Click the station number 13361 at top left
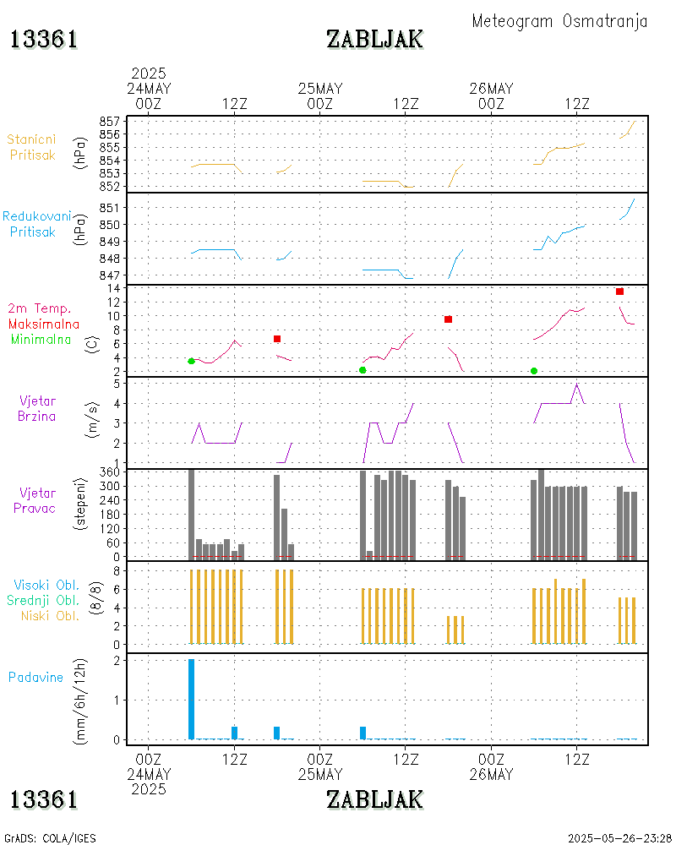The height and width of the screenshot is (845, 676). (x=44, y=40)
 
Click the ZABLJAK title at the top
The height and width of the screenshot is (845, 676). (x=374, y=40)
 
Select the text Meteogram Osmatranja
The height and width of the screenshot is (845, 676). (x=559, y=21)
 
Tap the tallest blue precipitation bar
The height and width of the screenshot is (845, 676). (x=191, y=699)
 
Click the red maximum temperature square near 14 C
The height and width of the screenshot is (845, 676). (x=619, y=292)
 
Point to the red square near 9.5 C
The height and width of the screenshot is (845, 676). (x=448, y=319)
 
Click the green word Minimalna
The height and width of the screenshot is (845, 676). (x=41, y=340)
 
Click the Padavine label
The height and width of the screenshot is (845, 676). (x=36, y=677)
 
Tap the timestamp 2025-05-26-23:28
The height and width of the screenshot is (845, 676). (x=619, y=838)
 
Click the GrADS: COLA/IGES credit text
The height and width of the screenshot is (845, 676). (x=51, y=838)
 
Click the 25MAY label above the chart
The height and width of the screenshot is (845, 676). (x=320, y=89)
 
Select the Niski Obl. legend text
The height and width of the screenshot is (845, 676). (x=47, y=615)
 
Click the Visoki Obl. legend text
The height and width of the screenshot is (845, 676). (x=46, y=585)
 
